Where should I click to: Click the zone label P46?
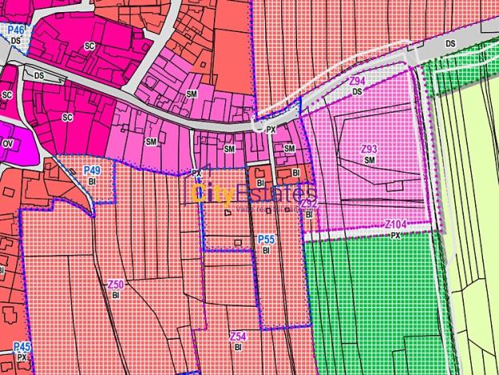click(x=16, y=30)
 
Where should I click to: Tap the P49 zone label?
click(x=92, y=171)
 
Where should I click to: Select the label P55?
click(x=266, y=240)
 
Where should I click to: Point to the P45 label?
click(x=22, y=346)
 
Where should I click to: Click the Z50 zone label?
click(x=115, y=284)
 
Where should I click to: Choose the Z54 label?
click(x=238, y=337)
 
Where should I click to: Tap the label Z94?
click(x=357, y=82)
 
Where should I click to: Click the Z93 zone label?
click(x=369, y=150)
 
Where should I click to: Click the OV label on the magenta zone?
click(x=8, y=144)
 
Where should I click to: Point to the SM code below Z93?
click(x=369, y=160)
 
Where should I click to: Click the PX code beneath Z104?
click(x=395, y=236)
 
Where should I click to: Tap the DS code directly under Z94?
click(x=357, y=91)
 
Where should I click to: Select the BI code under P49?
click(x=92, y=181)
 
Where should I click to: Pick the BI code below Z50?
click(x=115, y=295)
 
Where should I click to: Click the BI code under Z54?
click(x=238, y=347)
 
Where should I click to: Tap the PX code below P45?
click(x=22, y=357)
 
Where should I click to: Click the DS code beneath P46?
click(x=16, y=40)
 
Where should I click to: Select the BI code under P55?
click(x=266, y=250)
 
